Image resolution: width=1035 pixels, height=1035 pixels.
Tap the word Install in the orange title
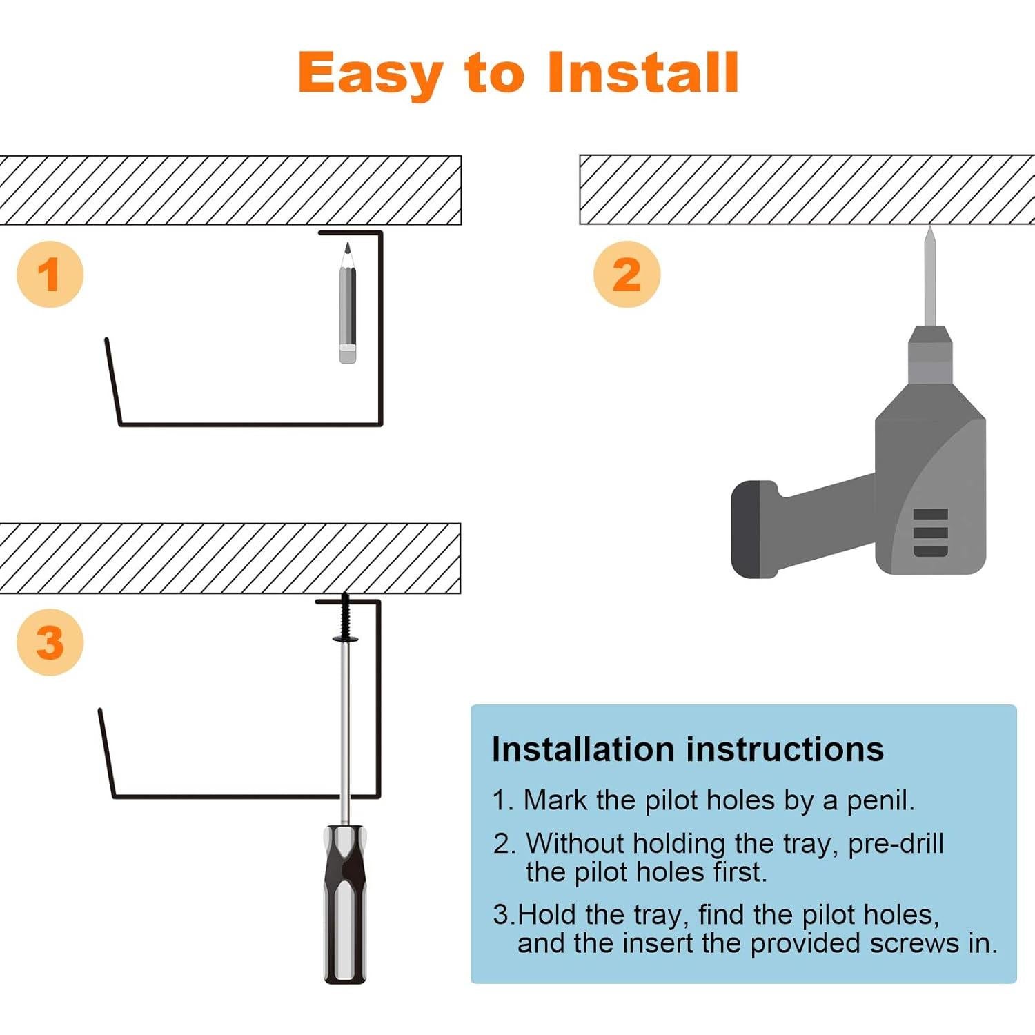643,72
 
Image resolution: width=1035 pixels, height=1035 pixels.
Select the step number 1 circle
50,274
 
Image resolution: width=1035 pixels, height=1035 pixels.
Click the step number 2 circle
627,274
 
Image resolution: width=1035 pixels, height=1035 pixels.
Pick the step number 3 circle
50,642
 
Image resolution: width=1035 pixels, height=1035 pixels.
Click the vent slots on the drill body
931,532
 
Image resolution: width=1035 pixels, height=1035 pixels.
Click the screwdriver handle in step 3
345,903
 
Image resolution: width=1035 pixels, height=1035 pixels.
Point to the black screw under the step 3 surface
345,618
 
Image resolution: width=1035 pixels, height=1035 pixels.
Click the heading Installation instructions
687,749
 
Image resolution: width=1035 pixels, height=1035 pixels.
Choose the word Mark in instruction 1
555,800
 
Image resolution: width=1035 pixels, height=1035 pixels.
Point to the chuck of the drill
930,355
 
